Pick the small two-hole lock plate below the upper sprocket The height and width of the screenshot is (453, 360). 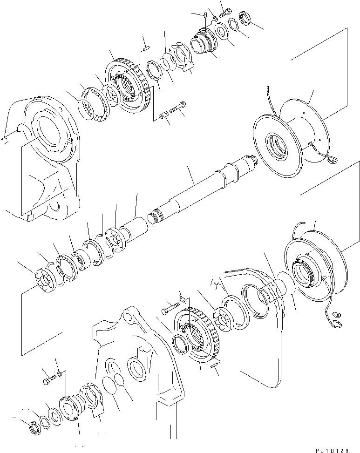(x=163, y=116)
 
